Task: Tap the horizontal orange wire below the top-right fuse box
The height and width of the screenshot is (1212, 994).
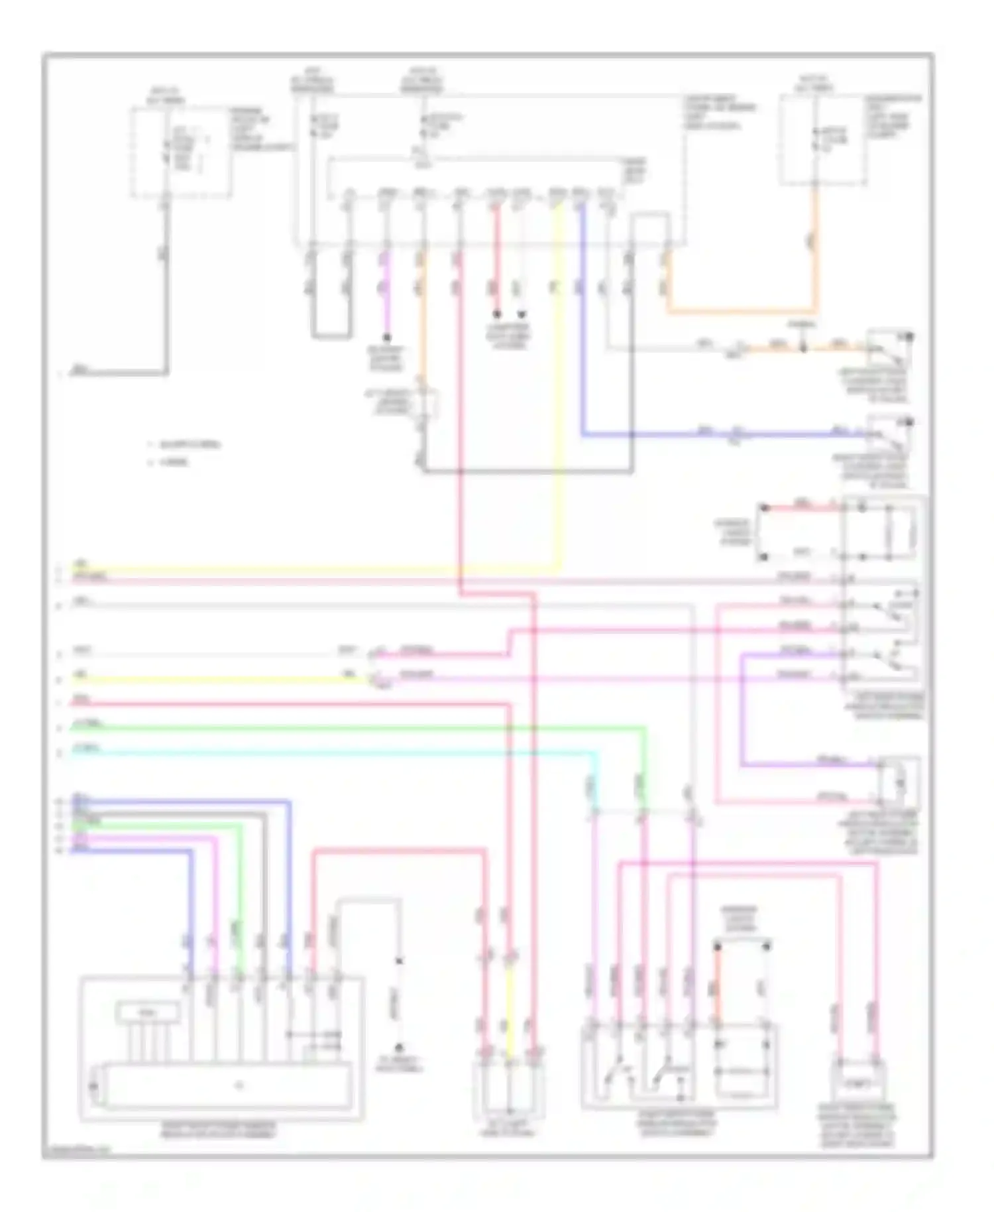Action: [x=742, y=310]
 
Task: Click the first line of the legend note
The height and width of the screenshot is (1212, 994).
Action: [x=186, y=444]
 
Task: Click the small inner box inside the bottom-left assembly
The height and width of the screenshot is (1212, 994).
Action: [x=147, y=1012]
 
